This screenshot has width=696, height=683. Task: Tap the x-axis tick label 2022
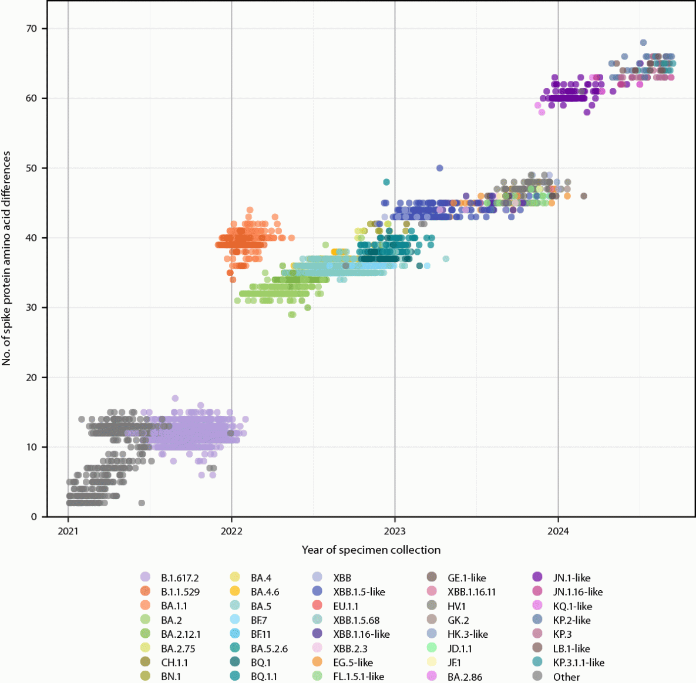pos(231,531)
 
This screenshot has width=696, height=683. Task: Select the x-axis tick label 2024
pos(558,531)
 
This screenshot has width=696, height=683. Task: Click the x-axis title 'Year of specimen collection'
pos(371,550)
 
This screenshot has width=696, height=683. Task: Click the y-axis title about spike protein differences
pos(7,258)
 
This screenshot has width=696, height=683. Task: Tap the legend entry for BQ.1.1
pos(264,677)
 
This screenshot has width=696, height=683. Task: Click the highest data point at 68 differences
pos(643,43)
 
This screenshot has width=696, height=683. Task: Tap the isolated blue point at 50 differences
pos(439,168)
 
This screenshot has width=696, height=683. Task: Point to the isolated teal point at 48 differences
pos(386,182)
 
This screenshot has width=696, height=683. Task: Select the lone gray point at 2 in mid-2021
pos(141,503)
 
